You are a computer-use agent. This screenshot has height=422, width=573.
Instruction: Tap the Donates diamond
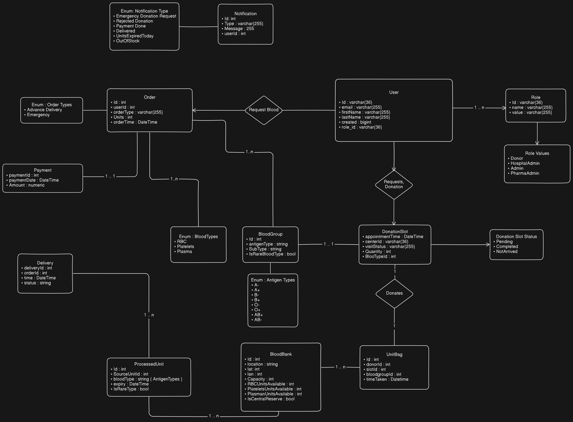click(x=394, y=293)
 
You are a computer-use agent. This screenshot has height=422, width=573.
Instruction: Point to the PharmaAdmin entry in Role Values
click(x=525, y=173)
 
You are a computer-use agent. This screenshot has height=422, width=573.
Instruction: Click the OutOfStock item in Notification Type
click(x=128, y=41)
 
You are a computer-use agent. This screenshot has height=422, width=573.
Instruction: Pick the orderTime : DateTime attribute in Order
click(x=135, y=122)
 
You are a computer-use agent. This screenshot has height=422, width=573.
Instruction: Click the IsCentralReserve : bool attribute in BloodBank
click(x=271, y=399)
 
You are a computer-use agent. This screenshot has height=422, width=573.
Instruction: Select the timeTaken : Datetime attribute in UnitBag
click(x=387, y=379)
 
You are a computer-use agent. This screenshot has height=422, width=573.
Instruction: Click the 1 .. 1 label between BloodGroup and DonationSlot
click(x=329, y=244)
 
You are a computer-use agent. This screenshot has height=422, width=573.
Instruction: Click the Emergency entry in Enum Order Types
click(x=38, y=115)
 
